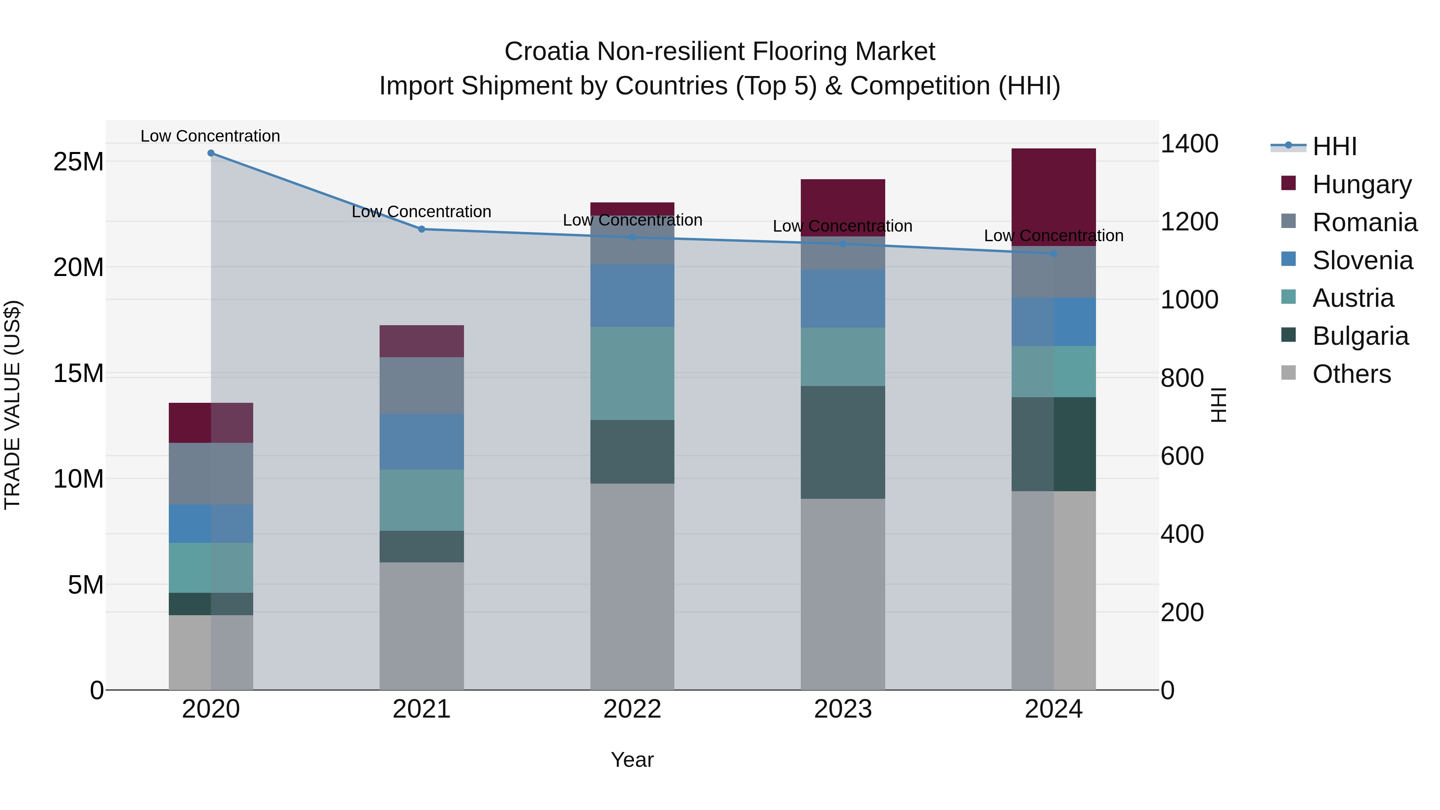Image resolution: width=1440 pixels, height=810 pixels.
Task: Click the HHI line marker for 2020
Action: pos(211,153)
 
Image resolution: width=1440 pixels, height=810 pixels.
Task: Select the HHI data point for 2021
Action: pos(422,229)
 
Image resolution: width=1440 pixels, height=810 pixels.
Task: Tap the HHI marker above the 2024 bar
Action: pos(1054,254)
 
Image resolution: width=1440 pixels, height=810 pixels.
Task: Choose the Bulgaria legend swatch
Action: pos(1288,336)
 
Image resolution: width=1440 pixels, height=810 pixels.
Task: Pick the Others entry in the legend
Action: pos(1351,374)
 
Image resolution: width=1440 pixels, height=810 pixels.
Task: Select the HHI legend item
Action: pos(1334,146)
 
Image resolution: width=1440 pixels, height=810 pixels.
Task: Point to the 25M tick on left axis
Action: pos(78,162)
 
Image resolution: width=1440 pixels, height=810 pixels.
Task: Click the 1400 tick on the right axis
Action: pos(1189,144)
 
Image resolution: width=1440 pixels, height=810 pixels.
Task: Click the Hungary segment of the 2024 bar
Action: pos(1053,197)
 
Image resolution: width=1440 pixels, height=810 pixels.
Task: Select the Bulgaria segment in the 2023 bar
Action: pos(842,442)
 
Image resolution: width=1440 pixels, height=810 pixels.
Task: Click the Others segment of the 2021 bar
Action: pos(422,626)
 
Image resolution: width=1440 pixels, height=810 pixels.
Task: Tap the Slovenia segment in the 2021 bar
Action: pos(422,442)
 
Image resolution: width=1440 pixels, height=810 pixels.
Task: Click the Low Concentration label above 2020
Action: pos(210,136)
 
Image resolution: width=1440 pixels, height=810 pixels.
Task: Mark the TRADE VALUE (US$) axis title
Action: pos(12,405)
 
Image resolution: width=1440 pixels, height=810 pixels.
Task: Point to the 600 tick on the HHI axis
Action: pos(1182,456)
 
